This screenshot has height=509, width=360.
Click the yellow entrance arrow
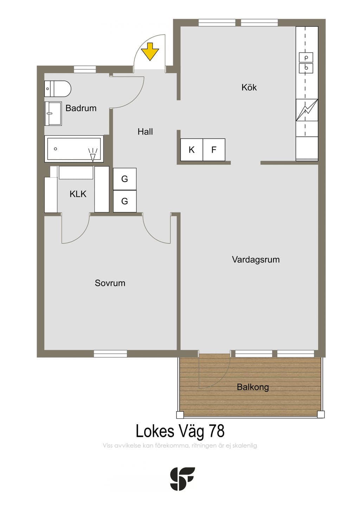coord(150,52)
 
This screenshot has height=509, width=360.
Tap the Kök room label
coord(249,88)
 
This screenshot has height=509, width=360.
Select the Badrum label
coord(81,108)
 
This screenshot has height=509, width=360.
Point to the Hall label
coord(145,131)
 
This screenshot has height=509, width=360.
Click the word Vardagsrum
coord(256,259)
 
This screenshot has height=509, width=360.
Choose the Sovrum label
coord(110,283)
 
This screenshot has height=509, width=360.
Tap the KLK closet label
coord(78,194)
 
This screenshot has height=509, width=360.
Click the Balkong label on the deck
coord(253,387)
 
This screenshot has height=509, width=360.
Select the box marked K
coord(192,150)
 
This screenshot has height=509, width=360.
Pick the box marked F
coord(214,150)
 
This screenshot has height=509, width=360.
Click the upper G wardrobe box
coord(125,179)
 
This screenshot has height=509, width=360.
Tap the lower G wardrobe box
coord(125,201)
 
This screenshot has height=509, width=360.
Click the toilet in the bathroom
coord(58,89)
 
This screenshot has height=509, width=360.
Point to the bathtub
coord(74,149)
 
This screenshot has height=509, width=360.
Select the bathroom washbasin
coord(53,114)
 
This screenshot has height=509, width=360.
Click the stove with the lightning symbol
coord(307,110)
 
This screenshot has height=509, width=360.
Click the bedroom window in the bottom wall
coord(110,354)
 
